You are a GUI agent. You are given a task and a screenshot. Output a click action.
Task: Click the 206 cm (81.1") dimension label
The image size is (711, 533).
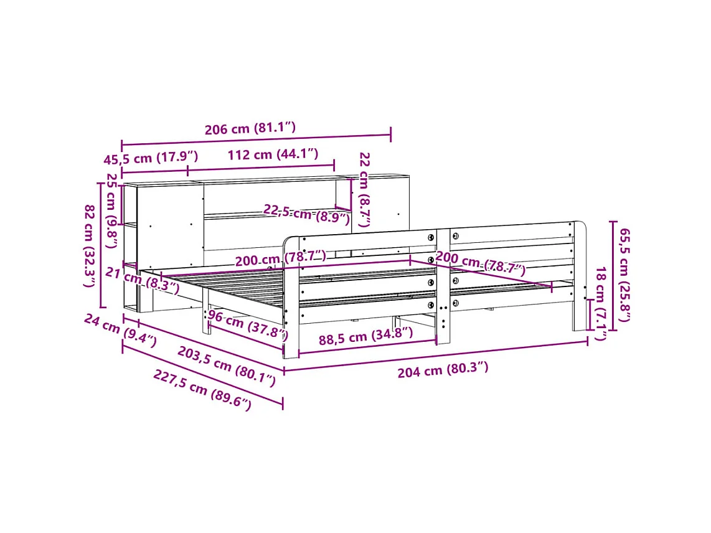coord(250,128)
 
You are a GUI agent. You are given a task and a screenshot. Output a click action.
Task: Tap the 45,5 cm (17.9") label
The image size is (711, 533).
coord(151,158)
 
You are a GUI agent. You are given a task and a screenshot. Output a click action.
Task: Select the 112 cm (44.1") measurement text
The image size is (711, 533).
coord(273,154)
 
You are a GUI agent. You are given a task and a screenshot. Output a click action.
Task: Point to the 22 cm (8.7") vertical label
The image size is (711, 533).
coord(364,189)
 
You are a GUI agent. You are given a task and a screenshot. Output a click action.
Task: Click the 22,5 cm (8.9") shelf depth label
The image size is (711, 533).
coord(307,214)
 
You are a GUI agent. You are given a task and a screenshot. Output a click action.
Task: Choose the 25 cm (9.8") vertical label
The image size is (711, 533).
coord(111,210)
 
